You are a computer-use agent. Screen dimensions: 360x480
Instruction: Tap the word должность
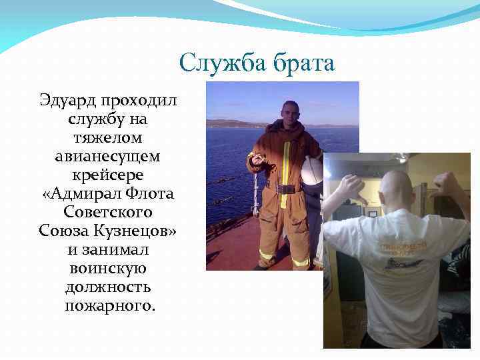pos(108,288)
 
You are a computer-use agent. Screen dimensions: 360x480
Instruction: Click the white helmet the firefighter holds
pos(311,172)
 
